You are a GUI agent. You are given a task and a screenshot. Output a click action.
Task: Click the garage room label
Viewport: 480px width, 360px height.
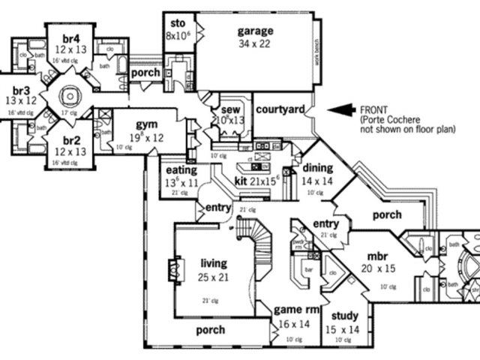pos(255,31)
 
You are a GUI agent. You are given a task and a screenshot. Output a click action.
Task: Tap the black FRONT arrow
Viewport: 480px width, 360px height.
pos(343,109)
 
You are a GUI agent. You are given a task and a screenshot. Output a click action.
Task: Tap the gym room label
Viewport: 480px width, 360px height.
pos(145,124)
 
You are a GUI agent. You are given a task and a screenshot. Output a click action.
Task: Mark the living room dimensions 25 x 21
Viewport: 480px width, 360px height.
pos(214,277)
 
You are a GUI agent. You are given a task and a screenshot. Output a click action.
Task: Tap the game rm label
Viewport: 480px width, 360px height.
pos(292,309)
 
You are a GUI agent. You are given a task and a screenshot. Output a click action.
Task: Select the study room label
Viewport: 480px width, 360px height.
pos(342,316)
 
